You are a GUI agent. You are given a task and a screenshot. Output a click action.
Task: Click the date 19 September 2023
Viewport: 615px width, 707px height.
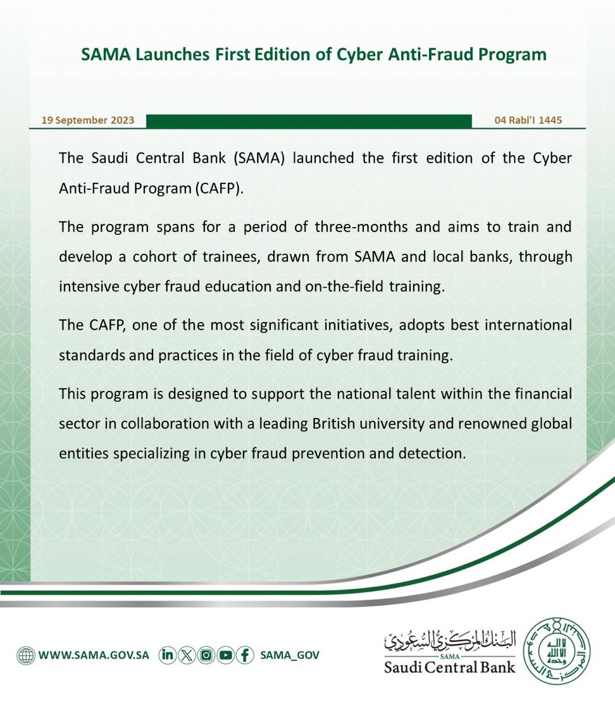[x=88, y=120]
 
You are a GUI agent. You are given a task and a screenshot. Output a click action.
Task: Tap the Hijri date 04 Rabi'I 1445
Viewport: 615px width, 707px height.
[x=528, y=120]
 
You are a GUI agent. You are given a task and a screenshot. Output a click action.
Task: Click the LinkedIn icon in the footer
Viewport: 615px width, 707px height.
[x=168, y=655]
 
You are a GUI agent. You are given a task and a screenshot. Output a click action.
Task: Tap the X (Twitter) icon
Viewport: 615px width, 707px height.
[x=187, y=655]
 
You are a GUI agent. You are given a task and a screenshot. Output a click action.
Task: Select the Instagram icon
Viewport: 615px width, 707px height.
[x=206, y=655]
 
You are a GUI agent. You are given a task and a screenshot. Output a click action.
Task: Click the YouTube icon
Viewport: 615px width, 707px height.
[x=225, y=655]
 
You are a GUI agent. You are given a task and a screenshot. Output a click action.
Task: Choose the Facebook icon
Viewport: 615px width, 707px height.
[x=244, y=655]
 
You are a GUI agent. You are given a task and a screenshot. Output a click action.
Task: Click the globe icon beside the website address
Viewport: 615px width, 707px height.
[x=26, y=655]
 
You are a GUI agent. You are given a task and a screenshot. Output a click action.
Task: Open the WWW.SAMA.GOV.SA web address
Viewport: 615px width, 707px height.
[x=94, y=655]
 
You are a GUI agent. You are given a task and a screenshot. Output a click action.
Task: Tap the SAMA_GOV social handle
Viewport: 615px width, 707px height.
[x=290, y=655]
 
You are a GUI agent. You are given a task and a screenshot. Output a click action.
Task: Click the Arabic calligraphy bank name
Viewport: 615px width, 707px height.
[x=450, y=640]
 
